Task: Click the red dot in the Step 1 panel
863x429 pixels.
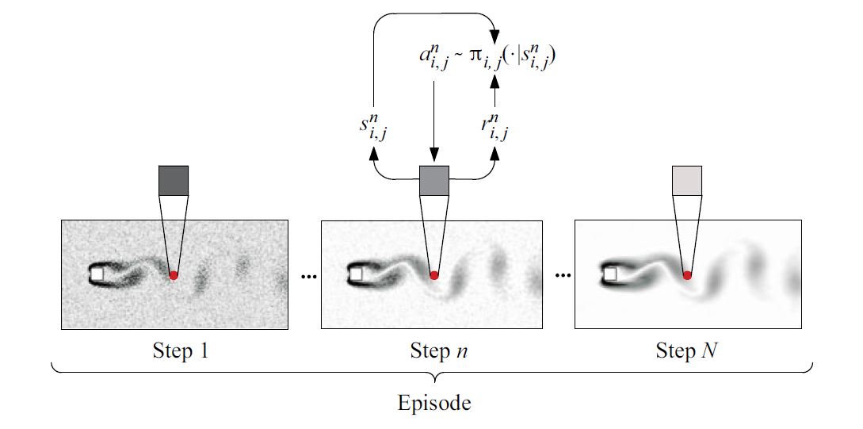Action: [174, 275]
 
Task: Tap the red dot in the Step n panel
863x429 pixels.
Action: [433, 275]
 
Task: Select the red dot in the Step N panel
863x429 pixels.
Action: [687, 274]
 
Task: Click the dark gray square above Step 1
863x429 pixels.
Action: [174, 181]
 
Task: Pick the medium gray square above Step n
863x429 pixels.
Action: [433, 181]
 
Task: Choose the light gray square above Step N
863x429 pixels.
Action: [687, 181]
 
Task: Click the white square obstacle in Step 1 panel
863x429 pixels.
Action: [97, 274]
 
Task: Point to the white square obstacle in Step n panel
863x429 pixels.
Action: [357, 274]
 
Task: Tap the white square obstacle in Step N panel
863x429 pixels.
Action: [611, 274]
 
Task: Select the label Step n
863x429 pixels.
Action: [435, 350]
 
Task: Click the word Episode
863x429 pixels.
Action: [433, 403]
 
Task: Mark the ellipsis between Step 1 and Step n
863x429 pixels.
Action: [308, 277]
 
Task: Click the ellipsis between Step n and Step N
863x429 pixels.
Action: [563, 277]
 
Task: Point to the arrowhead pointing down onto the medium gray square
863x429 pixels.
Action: [433, 157]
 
